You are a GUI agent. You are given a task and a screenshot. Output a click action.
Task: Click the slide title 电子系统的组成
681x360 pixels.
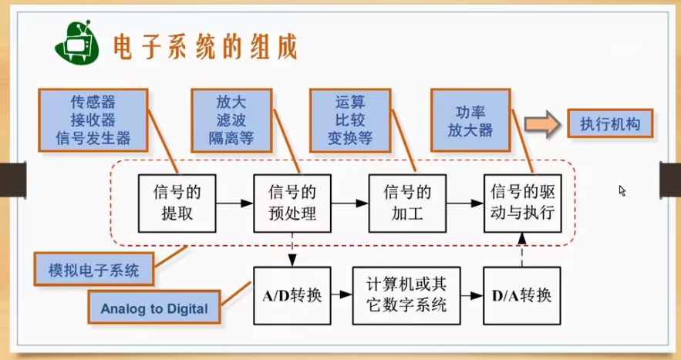pyautogui.click(x=204, y=46)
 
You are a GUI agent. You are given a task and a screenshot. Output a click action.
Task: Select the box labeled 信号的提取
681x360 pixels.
pyautogui.click(x=175, y=203)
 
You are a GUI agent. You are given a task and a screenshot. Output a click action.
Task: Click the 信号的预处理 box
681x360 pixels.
pyautogui.click(x=292, y=203)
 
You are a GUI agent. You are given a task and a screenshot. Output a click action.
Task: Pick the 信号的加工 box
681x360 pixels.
pyautogui.click(x=408, y=203)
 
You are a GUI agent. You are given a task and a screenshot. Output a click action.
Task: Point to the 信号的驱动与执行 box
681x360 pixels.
pyautogui.click(x=523, y=203)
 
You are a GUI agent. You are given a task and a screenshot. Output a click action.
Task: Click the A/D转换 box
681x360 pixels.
pyautogui.click(x=292, y=295)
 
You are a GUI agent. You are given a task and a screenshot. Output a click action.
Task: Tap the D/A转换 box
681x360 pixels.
pyautogui.click(x=522, y=295)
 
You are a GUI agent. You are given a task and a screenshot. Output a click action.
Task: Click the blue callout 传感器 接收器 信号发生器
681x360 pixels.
pyautogui.click(x=93, y=119)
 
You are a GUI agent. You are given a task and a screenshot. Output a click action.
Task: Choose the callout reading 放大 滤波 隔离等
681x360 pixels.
pyautogui.click(x=234, y=119)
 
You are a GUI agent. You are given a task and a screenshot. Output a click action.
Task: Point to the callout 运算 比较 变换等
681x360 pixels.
pyautogui.click(x=349, y=119)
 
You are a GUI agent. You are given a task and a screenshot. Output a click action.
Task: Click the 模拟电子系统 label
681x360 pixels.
pyautogui.click(x=94, y=270)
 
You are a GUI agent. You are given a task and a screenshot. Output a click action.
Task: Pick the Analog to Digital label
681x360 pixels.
pyautogui.click(x=154, y=309)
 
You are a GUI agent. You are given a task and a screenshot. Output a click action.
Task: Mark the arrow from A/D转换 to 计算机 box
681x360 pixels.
pyautogui.click(x=341, y=295)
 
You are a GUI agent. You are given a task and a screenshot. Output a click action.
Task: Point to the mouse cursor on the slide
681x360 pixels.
pyautogui.click(x=622, y=190)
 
